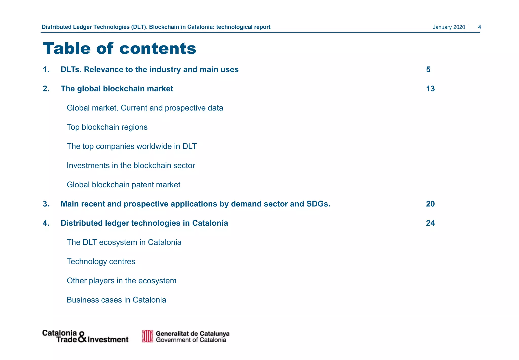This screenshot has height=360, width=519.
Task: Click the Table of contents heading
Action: click(x=119, y=48)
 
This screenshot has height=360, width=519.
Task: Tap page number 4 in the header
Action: click(x=479, y=27)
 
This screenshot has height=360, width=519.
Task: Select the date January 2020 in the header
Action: click(x=449, y=27)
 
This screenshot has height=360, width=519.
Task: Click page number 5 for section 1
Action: click(x=428, y=69)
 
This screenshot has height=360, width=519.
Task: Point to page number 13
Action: click(x=430, y=89)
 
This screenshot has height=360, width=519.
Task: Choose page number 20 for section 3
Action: click(x=430, y=204)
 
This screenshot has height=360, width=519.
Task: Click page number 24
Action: click(x=430, y=223)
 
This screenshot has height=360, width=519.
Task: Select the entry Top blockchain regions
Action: click(x=107, y=127)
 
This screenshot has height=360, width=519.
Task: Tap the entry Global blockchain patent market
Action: click(x=123, y=185)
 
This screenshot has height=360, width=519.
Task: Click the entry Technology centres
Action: click(x=101, y=261)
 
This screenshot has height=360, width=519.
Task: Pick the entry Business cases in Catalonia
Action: click(x=116, y=300)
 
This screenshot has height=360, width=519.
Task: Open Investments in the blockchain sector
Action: click(x=131, y=165)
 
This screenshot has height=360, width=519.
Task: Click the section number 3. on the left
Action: click(x=46, y=204)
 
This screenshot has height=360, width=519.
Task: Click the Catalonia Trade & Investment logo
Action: click(x=85, y=336)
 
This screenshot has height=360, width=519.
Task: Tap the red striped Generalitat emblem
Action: click(x=147, y=336)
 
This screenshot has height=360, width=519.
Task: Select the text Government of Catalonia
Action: click(x=191, y=340)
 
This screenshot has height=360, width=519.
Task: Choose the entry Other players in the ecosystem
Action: click(x=121, y=281)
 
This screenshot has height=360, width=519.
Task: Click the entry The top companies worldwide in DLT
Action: click(x=132, y=146)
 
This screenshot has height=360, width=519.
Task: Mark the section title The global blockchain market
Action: click(x=117, y=89)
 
